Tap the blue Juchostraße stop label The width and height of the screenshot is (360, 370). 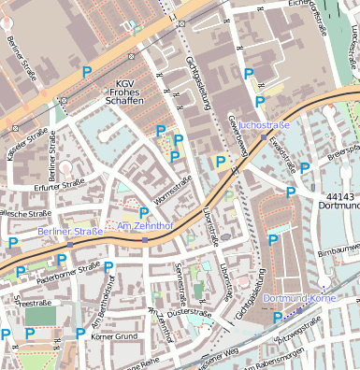coord(264,124)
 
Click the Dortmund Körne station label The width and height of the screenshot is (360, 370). coord(298,298)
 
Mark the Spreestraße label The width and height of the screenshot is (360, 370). coord(32,304)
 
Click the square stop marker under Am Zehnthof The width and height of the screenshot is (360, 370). coord(145,239)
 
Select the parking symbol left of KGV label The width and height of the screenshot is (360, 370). coord(88,71)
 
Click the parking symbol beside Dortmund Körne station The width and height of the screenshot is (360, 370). coord(277,317)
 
